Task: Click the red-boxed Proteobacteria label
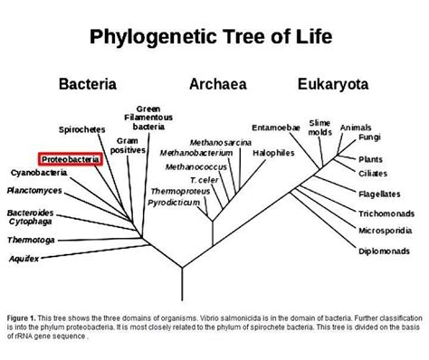coord(71,159)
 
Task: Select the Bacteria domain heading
coord(88,84)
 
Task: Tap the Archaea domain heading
coord(218,84)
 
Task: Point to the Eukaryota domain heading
coord(333,84)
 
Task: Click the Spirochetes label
coord(82,129)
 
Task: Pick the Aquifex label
coord(24,259)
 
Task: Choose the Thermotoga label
coord(31,240)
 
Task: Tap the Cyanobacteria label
coord(39,173)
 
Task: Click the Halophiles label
coord(273,153)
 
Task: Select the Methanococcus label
coord(196,166)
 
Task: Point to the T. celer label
coord(205,180)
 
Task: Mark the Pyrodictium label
coord(174,203)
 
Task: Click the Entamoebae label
coord(276,128)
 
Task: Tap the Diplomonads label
coord(384,251)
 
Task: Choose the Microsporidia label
coord(386,231)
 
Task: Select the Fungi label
coord(369,137)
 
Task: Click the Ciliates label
coord(373,174)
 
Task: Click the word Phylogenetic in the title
coord(153,37)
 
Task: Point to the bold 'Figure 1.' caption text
coord(22,318)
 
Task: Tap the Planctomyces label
coord(34,191)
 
